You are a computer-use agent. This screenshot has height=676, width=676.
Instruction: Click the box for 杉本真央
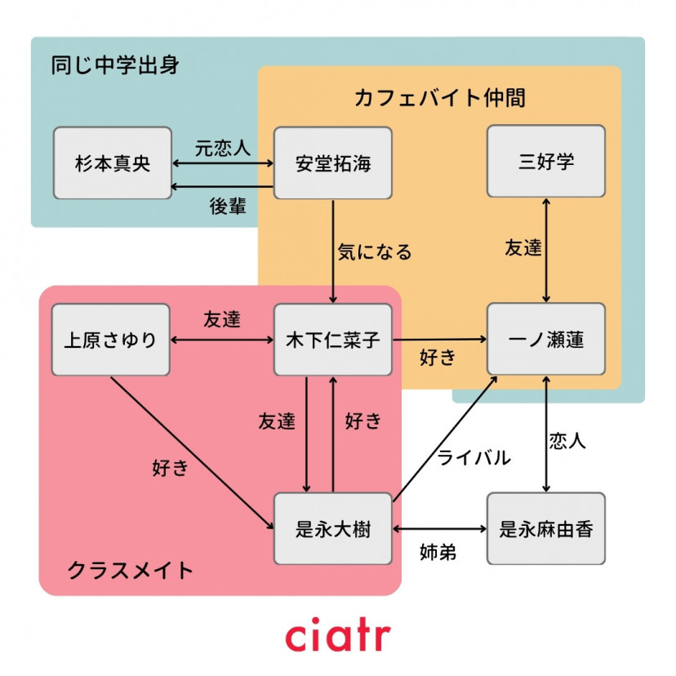(x=113, y=162)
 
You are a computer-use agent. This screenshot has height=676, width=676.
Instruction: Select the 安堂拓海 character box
(x=332, y=162)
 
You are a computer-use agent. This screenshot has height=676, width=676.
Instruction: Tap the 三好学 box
(x=546, y=161)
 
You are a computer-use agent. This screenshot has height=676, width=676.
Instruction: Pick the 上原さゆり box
(x=110, y=340)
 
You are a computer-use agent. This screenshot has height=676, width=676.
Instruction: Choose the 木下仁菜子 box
(x=332, y=340)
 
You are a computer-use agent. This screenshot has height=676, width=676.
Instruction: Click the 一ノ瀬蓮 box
(x=546, y=340)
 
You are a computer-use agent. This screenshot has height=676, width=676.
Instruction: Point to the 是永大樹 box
(x=332, y=529)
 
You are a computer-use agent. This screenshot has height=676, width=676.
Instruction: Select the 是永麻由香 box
(x=546, y=529)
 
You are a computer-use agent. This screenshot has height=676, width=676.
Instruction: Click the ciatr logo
(x=337, y=636)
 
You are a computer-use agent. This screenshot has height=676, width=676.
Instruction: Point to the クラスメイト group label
(x=130, y=569)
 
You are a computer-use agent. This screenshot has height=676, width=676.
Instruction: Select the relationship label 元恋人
(x=222, y=148)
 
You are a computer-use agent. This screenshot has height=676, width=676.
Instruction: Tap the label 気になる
(x=375, y=251)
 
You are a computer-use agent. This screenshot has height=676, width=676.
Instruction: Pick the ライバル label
(x=474, y=457)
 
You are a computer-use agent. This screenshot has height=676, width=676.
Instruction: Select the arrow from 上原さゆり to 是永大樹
(x=192, y=452)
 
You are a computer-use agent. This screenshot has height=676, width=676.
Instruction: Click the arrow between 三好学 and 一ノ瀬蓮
(x=546, y=250)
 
